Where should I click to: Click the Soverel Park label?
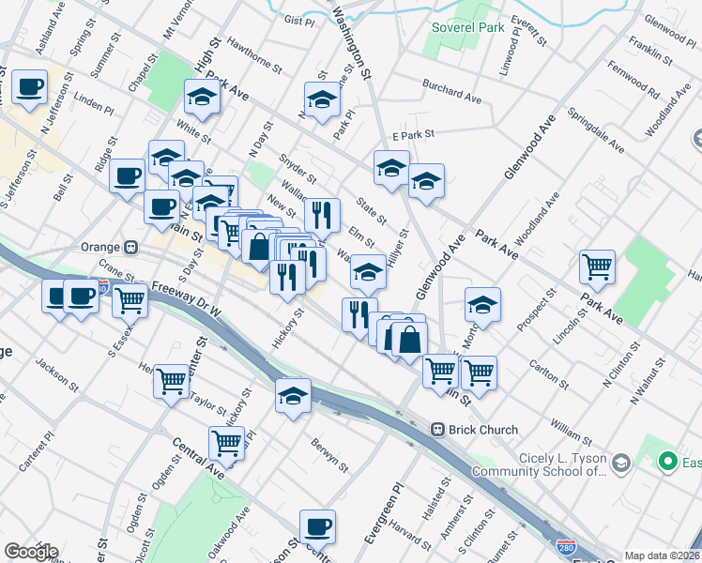click(467, 27)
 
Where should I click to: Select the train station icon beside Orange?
click(132, 248)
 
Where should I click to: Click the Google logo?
click(31, 552)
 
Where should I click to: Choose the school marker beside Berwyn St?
click(294, 395)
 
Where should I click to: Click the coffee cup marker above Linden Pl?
click(29, 87)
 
